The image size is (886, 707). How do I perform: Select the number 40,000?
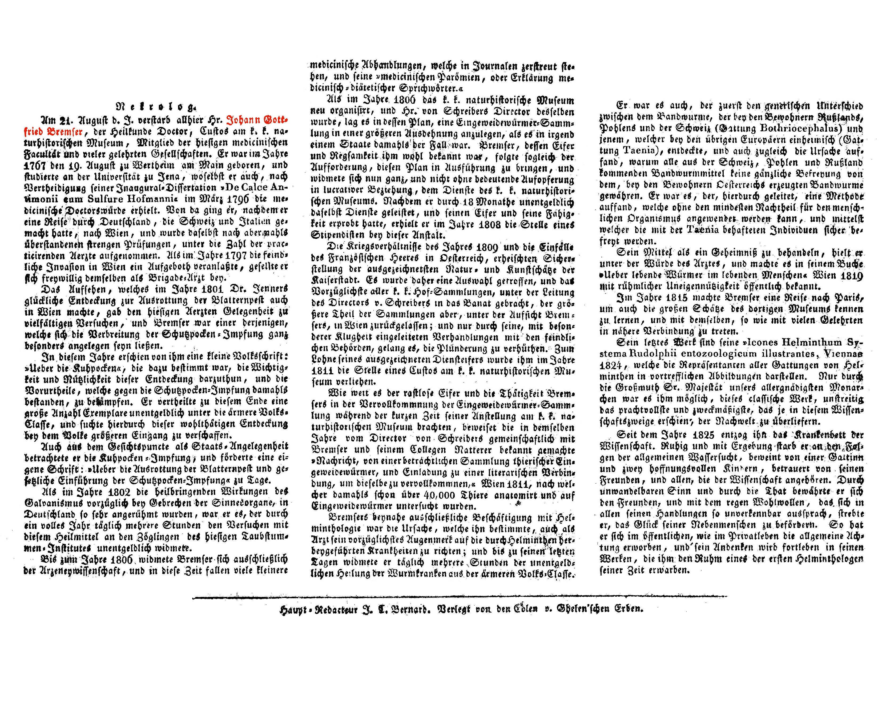[x=434, y=495]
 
